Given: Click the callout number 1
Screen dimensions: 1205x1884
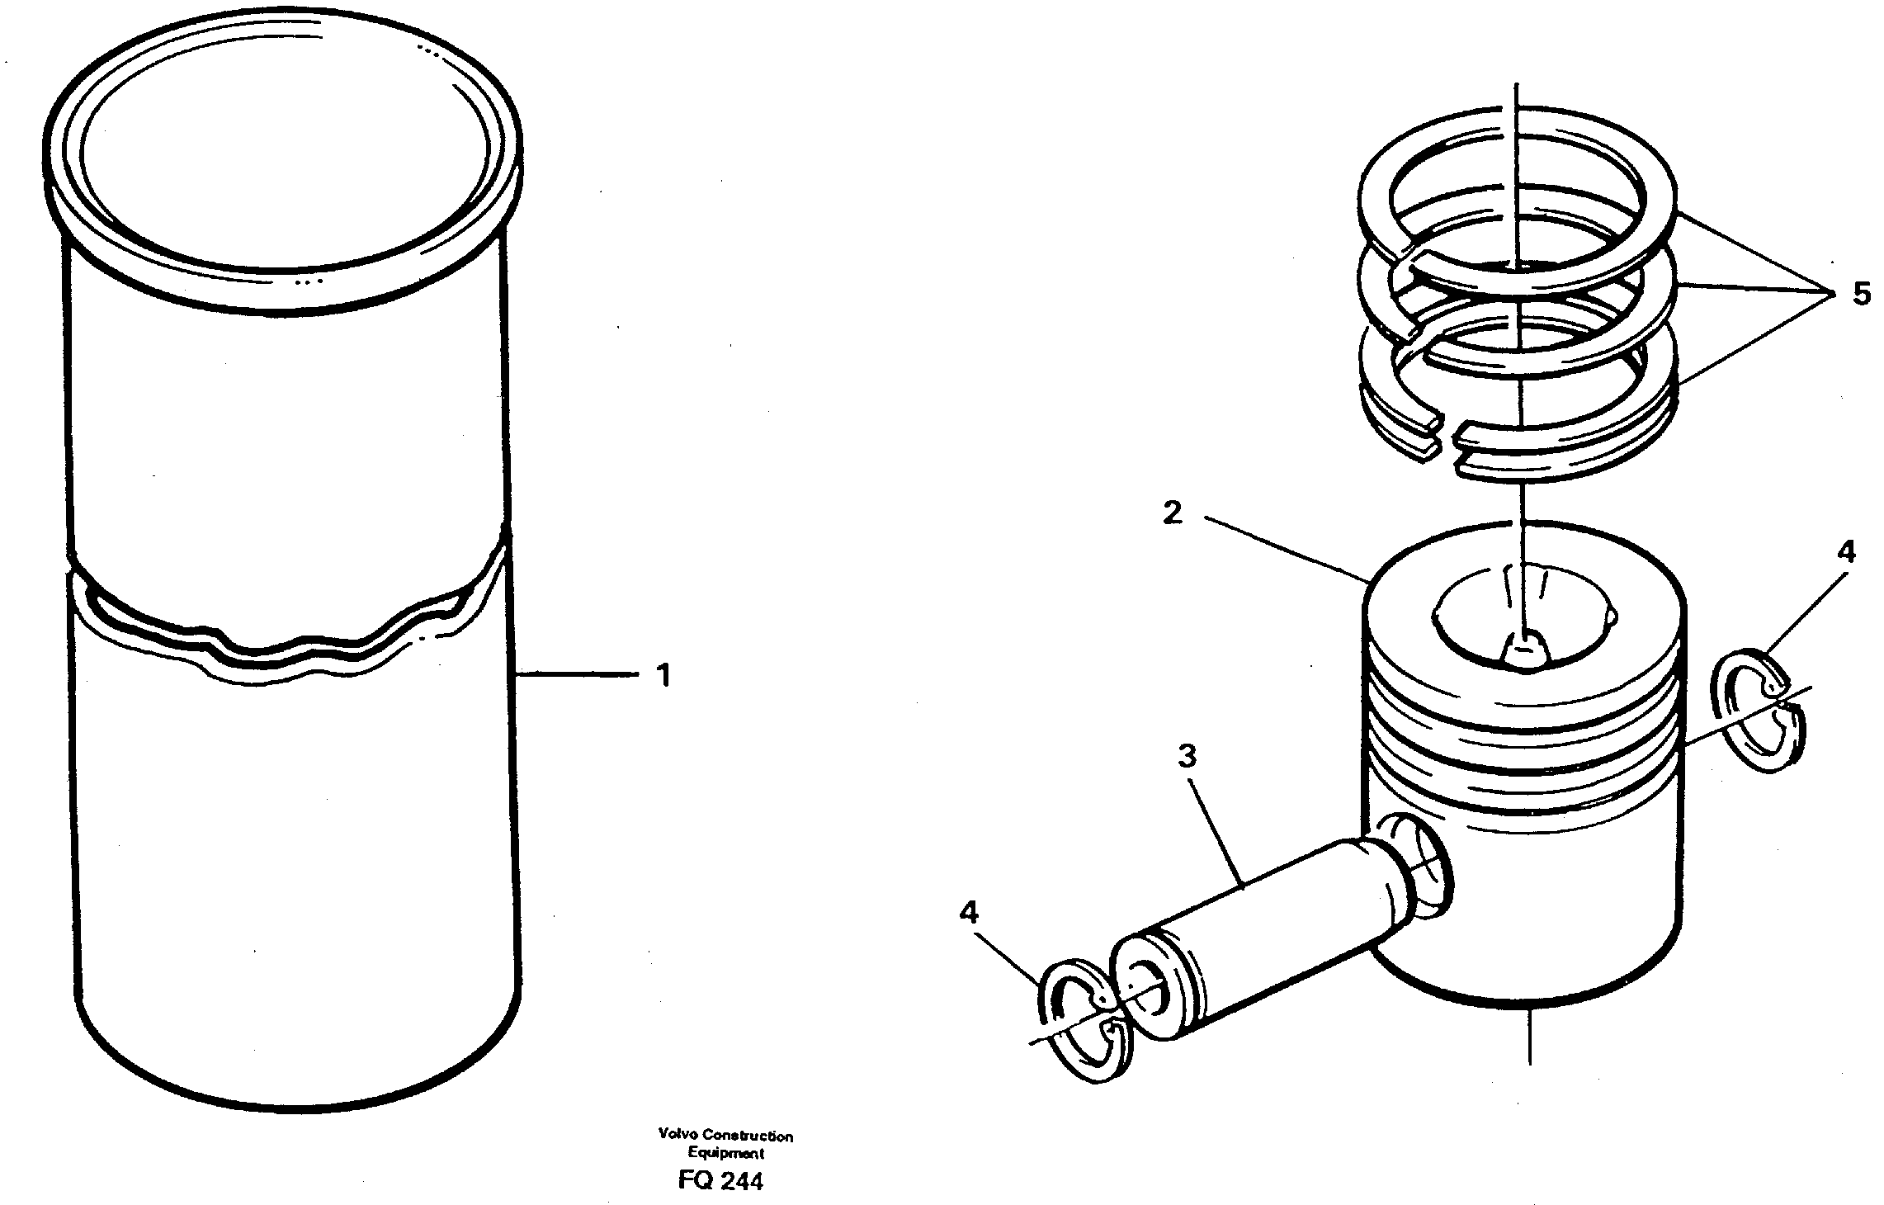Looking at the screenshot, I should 663,675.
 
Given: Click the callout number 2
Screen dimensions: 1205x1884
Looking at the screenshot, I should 1172,513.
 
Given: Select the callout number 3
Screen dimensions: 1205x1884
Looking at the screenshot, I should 1186,756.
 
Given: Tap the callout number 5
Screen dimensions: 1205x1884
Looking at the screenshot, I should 1861,294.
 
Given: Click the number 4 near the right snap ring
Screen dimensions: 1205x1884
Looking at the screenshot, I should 1845,552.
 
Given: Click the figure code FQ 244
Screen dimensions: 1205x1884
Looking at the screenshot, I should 720,1181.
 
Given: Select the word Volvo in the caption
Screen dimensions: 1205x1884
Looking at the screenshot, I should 675,1136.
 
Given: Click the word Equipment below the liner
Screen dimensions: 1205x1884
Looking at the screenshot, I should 725,1154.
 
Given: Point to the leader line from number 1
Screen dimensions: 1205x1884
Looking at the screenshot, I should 578,675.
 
